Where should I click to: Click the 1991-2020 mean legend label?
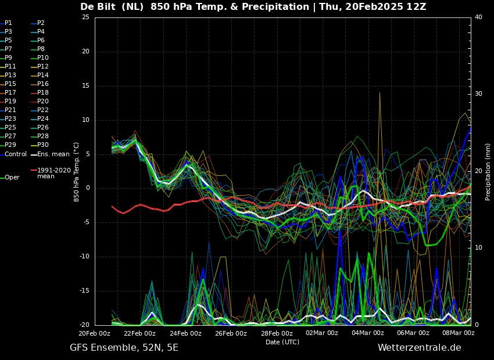pos(54,173)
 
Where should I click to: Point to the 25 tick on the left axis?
pos(85,17)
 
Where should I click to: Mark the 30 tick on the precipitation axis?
pos(478,94)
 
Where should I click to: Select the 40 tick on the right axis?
pos(478,17)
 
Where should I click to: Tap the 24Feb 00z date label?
pos(186,333)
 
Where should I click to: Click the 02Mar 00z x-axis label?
pos(322,333)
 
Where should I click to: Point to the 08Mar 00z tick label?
pos(459,333)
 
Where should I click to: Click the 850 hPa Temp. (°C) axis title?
pos(76,172)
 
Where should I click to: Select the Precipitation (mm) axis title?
pos(488,172)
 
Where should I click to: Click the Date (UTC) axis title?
pos(282,342)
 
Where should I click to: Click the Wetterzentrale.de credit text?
pos(420,348)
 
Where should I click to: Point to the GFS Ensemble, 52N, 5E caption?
pos(124,348)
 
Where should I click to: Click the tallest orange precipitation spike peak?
pos(380,92)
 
